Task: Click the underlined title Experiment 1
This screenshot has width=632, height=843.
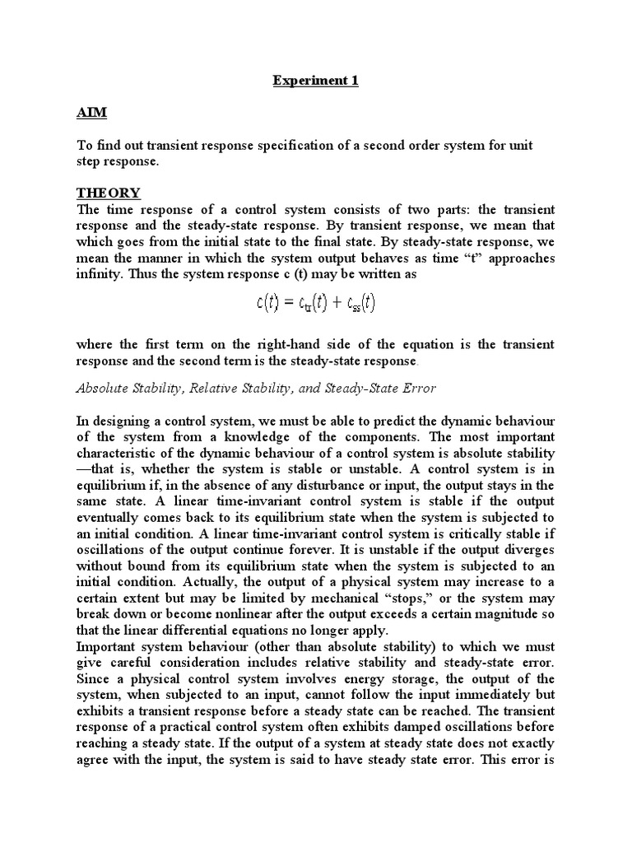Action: click(x=316, y=82)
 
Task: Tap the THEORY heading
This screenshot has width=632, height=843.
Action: click(x=109, y=193)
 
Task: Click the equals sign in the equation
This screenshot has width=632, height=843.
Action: click(x=290, y=303)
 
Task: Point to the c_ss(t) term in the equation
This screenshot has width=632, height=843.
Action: click(x=359, y=303)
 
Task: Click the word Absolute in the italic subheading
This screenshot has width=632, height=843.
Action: click(x=103, y=389)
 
